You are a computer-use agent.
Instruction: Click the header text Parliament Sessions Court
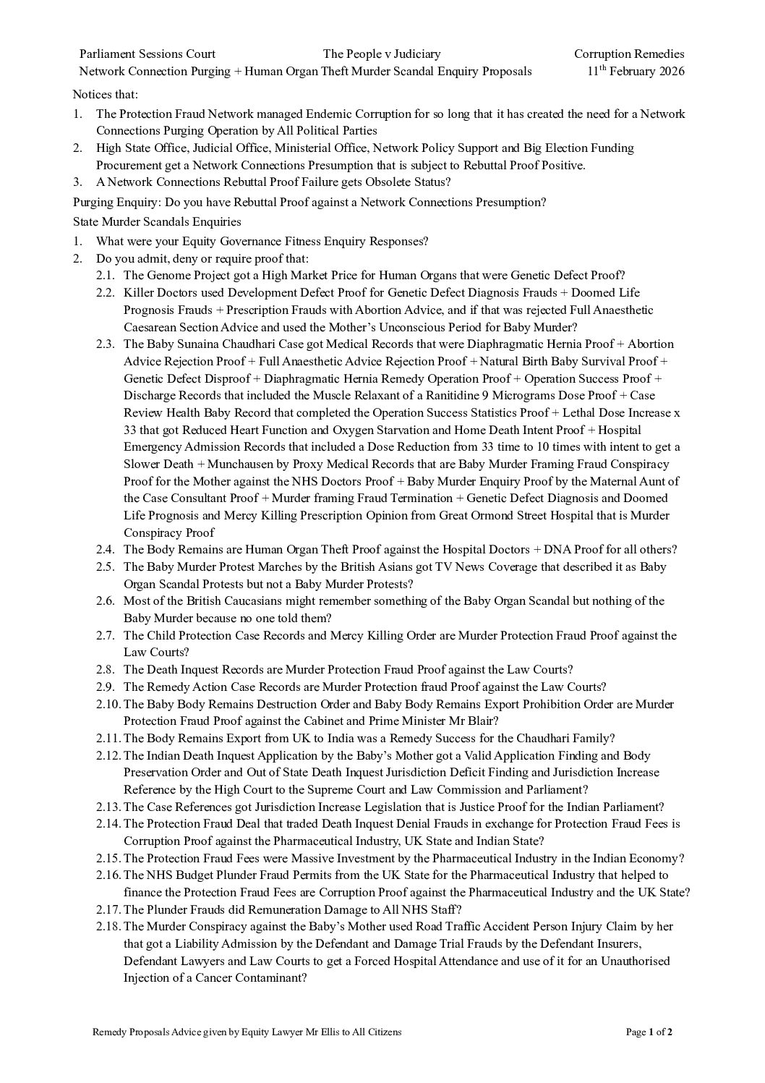click(x=147, y=54)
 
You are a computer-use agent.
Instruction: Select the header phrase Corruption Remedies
click(x=628, y=54)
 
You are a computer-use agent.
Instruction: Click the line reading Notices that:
click(x=106, y=94)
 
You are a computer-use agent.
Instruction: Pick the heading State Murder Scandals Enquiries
click(x=157, y=221)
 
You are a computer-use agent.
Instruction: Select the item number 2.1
click(x=106, y=276)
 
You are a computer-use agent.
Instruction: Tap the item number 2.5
click(x=106, y=567)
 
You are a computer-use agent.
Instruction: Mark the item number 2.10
click(x=108, y=705)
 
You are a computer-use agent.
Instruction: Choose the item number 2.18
click(x=108, y=927)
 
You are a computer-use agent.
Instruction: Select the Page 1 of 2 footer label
click(x=649, y=1032)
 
